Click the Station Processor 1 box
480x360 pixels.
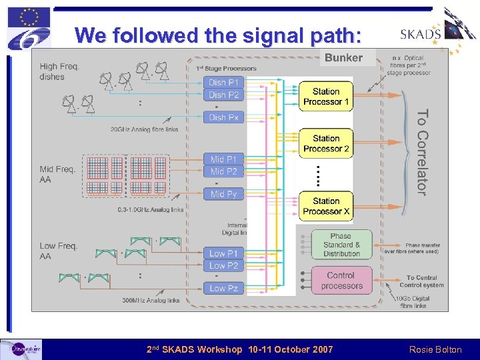tap(326, 97)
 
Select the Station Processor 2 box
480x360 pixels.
tap(326, 143)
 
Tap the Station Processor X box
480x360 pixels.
tap(326, 206)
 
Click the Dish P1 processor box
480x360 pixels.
tap(223, 83)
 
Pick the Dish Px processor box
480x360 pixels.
tap(223, 117)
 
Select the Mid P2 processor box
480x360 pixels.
tap(223, 171)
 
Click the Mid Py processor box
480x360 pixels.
tap(223, 194)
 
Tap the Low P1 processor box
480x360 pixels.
tap(223, 253)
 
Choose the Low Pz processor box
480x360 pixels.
tap(223, 288)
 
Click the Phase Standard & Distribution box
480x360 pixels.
tap(341, 245)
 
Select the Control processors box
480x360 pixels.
tap(341, 281)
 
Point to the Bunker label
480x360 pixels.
tap(343, 58)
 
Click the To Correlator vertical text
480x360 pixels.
tap(421, 152)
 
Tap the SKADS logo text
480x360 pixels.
tap(421, 35)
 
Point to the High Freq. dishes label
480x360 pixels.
tap(59, 71)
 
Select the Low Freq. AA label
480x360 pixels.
tap(58, 251)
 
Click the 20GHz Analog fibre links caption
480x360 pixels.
tap(145, 129)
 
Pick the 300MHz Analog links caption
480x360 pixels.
tap(148, 301)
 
